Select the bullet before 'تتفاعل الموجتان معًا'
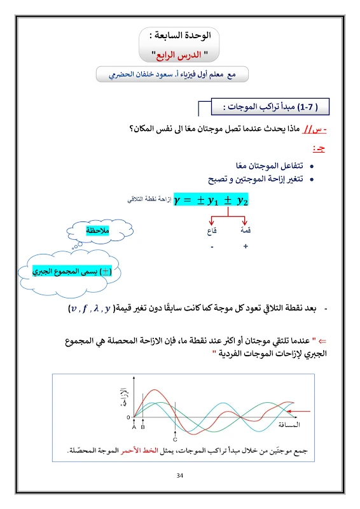pos(311,167)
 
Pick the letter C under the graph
pos(175,439)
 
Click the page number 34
pos(180,475)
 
